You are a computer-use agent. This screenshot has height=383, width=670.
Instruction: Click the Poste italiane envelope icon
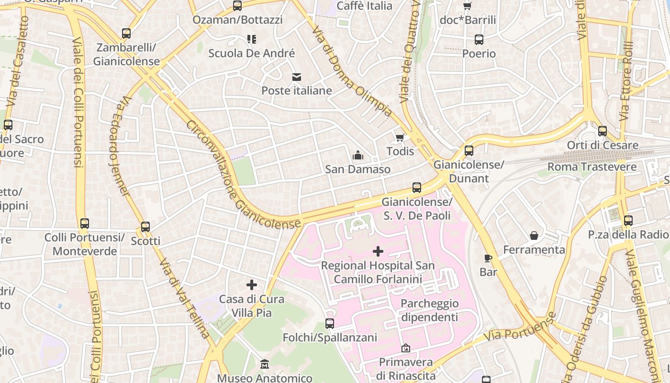pos(297,77)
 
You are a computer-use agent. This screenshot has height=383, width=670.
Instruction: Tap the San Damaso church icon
pos(357,155)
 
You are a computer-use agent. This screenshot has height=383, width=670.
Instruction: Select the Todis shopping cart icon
pos(400,138)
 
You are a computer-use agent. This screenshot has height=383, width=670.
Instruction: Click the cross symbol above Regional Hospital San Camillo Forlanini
pos(378,251)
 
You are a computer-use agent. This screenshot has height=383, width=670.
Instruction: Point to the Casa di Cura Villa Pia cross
pos(252,285)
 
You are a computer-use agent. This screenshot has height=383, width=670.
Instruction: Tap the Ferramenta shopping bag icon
pos(534,236)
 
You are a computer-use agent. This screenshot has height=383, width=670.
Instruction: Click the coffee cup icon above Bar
pos(488,258)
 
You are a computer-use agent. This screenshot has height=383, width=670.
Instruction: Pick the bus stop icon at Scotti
pos(145,227)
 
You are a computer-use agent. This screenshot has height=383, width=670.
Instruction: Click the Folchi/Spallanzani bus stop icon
pos(330,324)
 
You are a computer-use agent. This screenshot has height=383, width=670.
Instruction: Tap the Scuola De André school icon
pos(252,39)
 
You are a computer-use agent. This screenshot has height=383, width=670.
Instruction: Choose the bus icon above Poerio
pos(479,40)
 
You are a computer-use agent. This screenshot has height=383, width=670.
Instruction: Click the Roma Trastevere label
pos(592,167)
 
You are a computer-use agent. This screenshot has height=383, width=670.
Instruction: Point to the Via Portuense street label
pos(520,327)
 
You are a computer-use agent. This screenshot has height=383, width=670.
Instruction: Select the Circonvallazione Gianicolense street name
pos(243,175)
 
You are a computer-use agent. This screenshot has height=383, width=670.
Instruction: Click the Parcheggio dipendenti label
pos(429,310)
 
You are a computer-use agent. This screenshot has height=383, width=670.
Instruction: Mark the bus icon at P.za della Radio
pos(628,221)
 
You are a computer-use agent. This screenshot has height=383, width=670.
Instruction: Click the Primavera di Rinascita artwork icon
pos(406,348)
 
